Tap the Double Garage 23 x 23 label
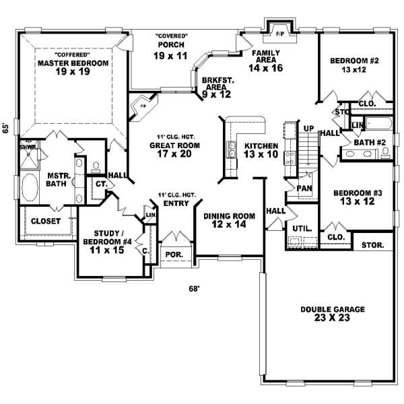coord(333,314)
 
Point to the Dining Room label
coord(230,220)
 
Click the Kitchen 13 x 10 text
coord(261,150)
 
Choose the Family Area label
coord(266,59)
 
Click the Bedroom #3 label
coord(358,198)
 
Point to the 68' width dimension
coord(194,289)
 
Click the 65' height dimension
coord(5,127)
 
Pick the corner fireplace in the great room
coord(143,104)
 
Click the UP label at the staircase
coord(309,128)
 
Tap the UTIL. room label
coord(301,229)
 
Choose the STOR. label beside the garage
coord(373,244)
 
